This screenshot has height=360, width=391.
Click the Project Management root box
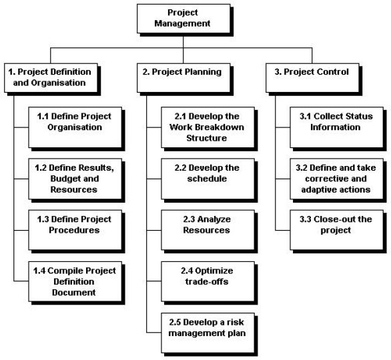[x=183, y=19]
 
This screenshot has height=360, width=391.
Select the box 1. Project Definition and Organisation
[x=51, y=78]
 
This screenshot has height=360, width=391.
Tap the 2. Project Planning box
[x=183, y=78]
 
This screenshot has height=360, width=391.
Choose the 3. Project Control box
[x=312, y=78]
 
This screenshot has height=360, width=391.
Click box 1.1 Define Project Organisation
[x=75, y=127]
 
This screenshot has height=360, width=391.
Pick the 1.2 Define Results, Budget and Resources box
[x=75, y=179]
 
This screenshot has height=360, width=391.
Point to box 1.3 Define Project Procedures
[x=75, y=230]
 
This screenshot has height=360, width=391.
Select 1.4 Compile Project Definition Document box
[x=75, y=281]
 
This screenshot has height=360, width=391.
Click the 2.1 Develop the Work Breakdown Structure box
[x=208, y=127]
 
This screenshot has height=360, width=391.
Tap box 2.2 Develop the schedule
[x=208, y=179]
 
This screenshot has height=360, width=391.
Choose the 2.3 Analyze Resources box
[x=208, y=230]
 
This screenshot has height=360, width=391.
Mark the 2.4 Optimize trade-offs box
[x=208, y=281]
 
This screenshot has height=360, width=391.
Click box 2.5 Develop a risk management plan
[x=208, y=333]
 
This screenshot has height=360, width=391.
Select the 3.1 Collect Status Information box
[x=336, y=127]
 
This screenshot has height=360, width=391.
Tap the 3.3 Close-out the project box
[x=336, y=230]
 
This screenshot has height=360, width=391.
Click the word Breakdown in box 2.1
[x=220, y=127]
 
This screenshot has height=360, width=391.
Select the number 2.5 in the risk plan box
[x=175, y=322]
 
